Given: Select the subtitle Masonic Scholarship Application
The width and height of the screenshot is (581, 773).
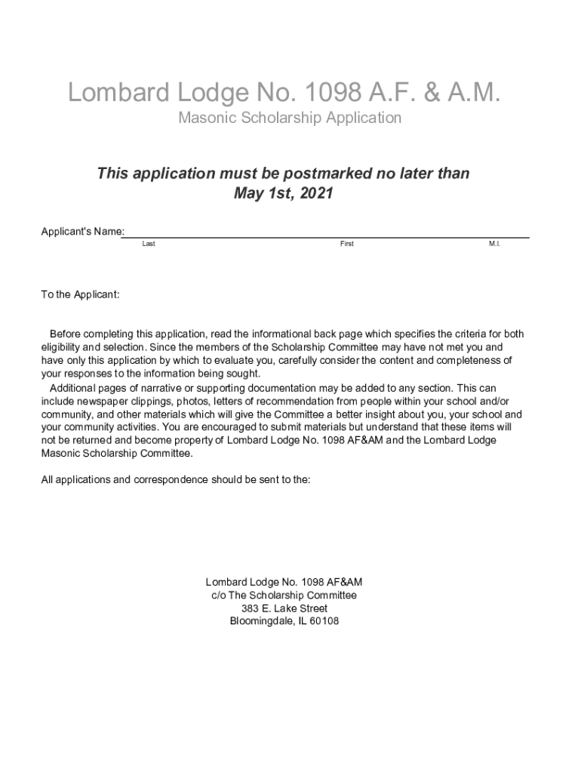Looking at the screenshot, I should (x=290, y=118).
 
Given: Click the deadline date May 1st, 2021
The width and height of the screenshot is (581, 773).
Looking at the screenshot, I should (x=283, y=193).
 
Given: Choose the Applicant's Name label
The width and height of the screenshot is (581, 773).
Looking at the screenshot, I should (x=82, y=231).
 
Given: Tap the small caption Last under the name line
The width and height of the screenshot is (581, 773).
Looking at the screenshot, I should (x=149, y=244).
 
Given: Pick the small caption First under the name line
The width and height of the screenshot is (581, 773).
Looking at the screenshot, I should (x=346, y=244).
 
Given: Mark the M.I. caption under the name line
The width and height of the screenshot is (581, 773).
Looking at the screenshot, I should (x=494, y=244).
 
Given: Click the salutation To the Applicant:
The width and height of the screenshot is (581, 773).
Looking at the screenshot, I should (x=80, y=294).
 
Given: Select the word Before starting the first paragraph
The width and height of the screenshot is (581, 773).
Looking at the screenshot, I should (x=66, y=334).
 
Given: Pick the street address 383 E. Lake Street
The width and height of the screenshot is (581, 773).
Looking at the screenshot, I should (x=284, y=608).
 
